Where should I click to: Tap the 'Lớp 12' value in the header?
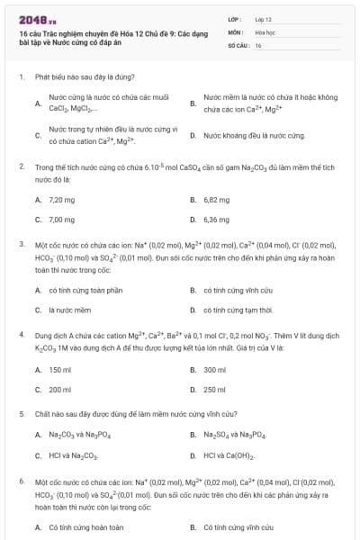pos(263,18)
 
